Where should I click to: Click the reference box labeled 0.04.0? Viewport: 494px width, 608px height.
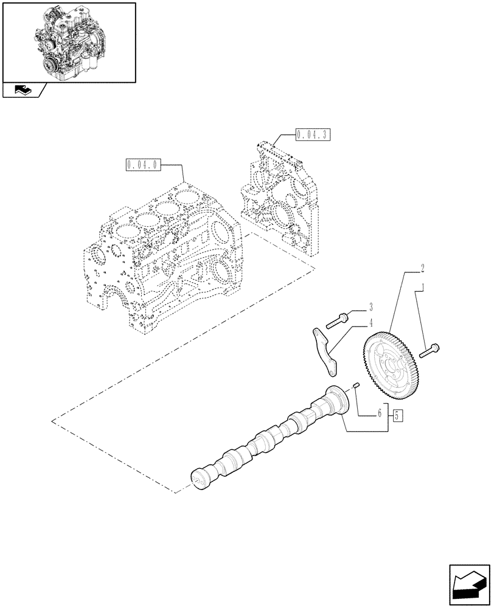pos(142,164)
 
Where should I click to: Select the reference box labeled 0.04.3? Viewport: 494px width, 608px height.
pos(312,134)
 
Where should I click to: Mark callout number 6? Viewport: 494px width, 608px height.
pos(379,413)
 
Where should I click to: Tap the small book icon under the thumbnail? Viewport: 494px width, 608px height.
pos(22,91)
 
